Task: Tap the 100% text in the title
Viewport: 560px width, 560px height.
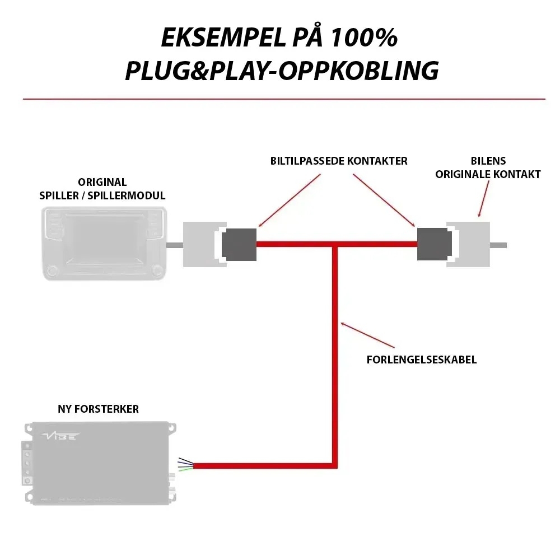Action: point(364,38)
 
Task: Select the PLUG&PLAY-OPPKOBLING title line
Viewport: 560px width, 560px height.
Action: point(281,71)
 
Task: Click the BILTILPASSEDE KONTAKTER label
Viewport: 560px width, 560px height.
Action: point(338,161)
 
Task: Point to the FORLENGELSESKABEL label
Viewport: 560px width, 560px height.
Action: point(421,360)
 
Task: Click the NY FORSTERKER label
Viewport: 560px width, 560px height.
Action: point(99,409)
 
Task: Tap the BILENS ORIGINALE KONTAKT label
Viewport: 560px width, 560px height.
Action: point(488,167)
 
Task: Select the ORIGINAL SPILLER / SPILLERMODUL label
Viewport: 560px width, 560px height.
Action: point(102,189)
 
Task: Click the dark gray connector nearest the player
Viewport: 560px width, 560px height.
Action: point(239,245)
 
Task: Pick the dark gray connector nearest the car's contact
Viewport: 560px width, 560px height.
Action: point(434,245)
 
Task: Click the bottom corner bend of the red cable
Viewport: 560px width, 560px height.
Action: point(335,465)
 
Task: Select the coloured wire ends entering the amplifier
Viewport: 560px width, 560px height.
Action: point(186,464)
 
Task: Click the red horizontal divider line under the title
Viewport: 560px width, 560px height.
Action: point(284,99)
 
